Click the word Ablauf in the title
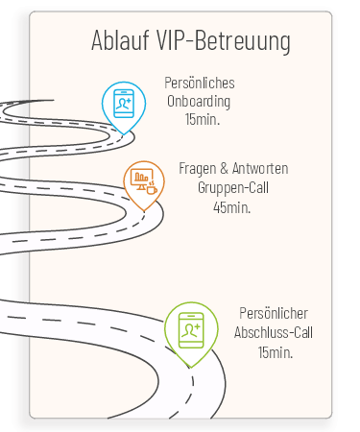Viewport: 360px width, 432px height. coord(120,40)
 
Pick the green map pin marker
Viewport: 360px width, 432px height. coord(191,334)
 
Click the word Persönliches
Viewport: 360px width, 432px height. coord(200,83)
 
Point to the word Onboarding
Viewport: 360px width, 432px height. coord(199,102)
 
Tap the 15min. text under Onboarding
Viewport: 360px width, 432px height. coord(203,119)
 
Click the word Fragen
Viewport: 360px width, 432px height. coord(198,169)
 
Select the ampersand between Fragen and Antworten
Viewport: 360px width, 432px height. coord(224,168)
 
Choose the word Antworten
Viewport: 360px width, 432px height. coord(260,168)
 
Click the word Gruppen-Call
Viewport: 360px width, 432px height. coord(233,188)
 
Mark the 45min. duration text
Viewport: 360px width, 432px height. coord(232,207)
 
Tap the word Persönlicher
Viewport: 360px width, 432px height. coord(274,313)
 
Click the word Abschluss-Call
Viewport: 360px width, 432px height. coord(274,332)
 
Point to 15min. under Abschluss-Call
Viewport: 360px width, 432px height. coord(276,352)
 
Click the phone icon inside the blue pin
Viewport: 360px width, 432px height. coord(124,104)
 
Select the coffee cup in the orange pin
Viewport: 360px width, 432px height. coord(152,189)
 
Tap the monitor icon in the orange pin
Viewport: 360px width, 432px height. coord(141,179)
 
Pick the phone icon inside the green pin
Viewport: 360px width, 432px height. coord(191,330)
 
